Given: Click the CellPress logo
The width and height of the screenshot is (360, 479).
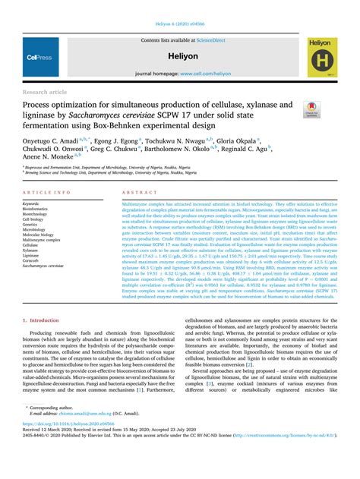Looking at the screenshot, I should tap(38, 56).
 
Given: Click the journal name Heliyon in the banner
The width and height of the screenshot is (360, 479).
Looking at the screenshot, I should tap(181, 56).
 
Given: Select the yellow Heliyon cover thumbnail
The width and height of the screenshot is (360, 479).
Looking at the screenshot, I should tap(322, 57).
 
